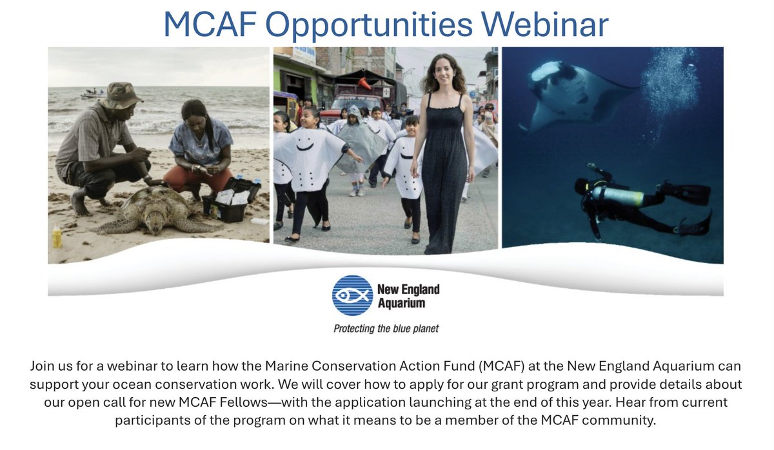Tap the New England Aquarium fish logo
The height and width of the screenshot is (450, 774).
(x=352, y=296)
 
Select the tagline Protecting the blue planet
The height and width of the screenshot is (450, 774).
(x=386, y=329)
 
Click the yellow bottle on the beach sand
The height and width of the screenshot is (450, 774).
(x=57, y=237)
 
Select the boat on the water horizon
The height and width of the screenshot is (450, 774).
(x=94, y=93)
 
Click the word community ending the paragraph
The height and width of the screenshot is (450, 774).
(x=622, y=420)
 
